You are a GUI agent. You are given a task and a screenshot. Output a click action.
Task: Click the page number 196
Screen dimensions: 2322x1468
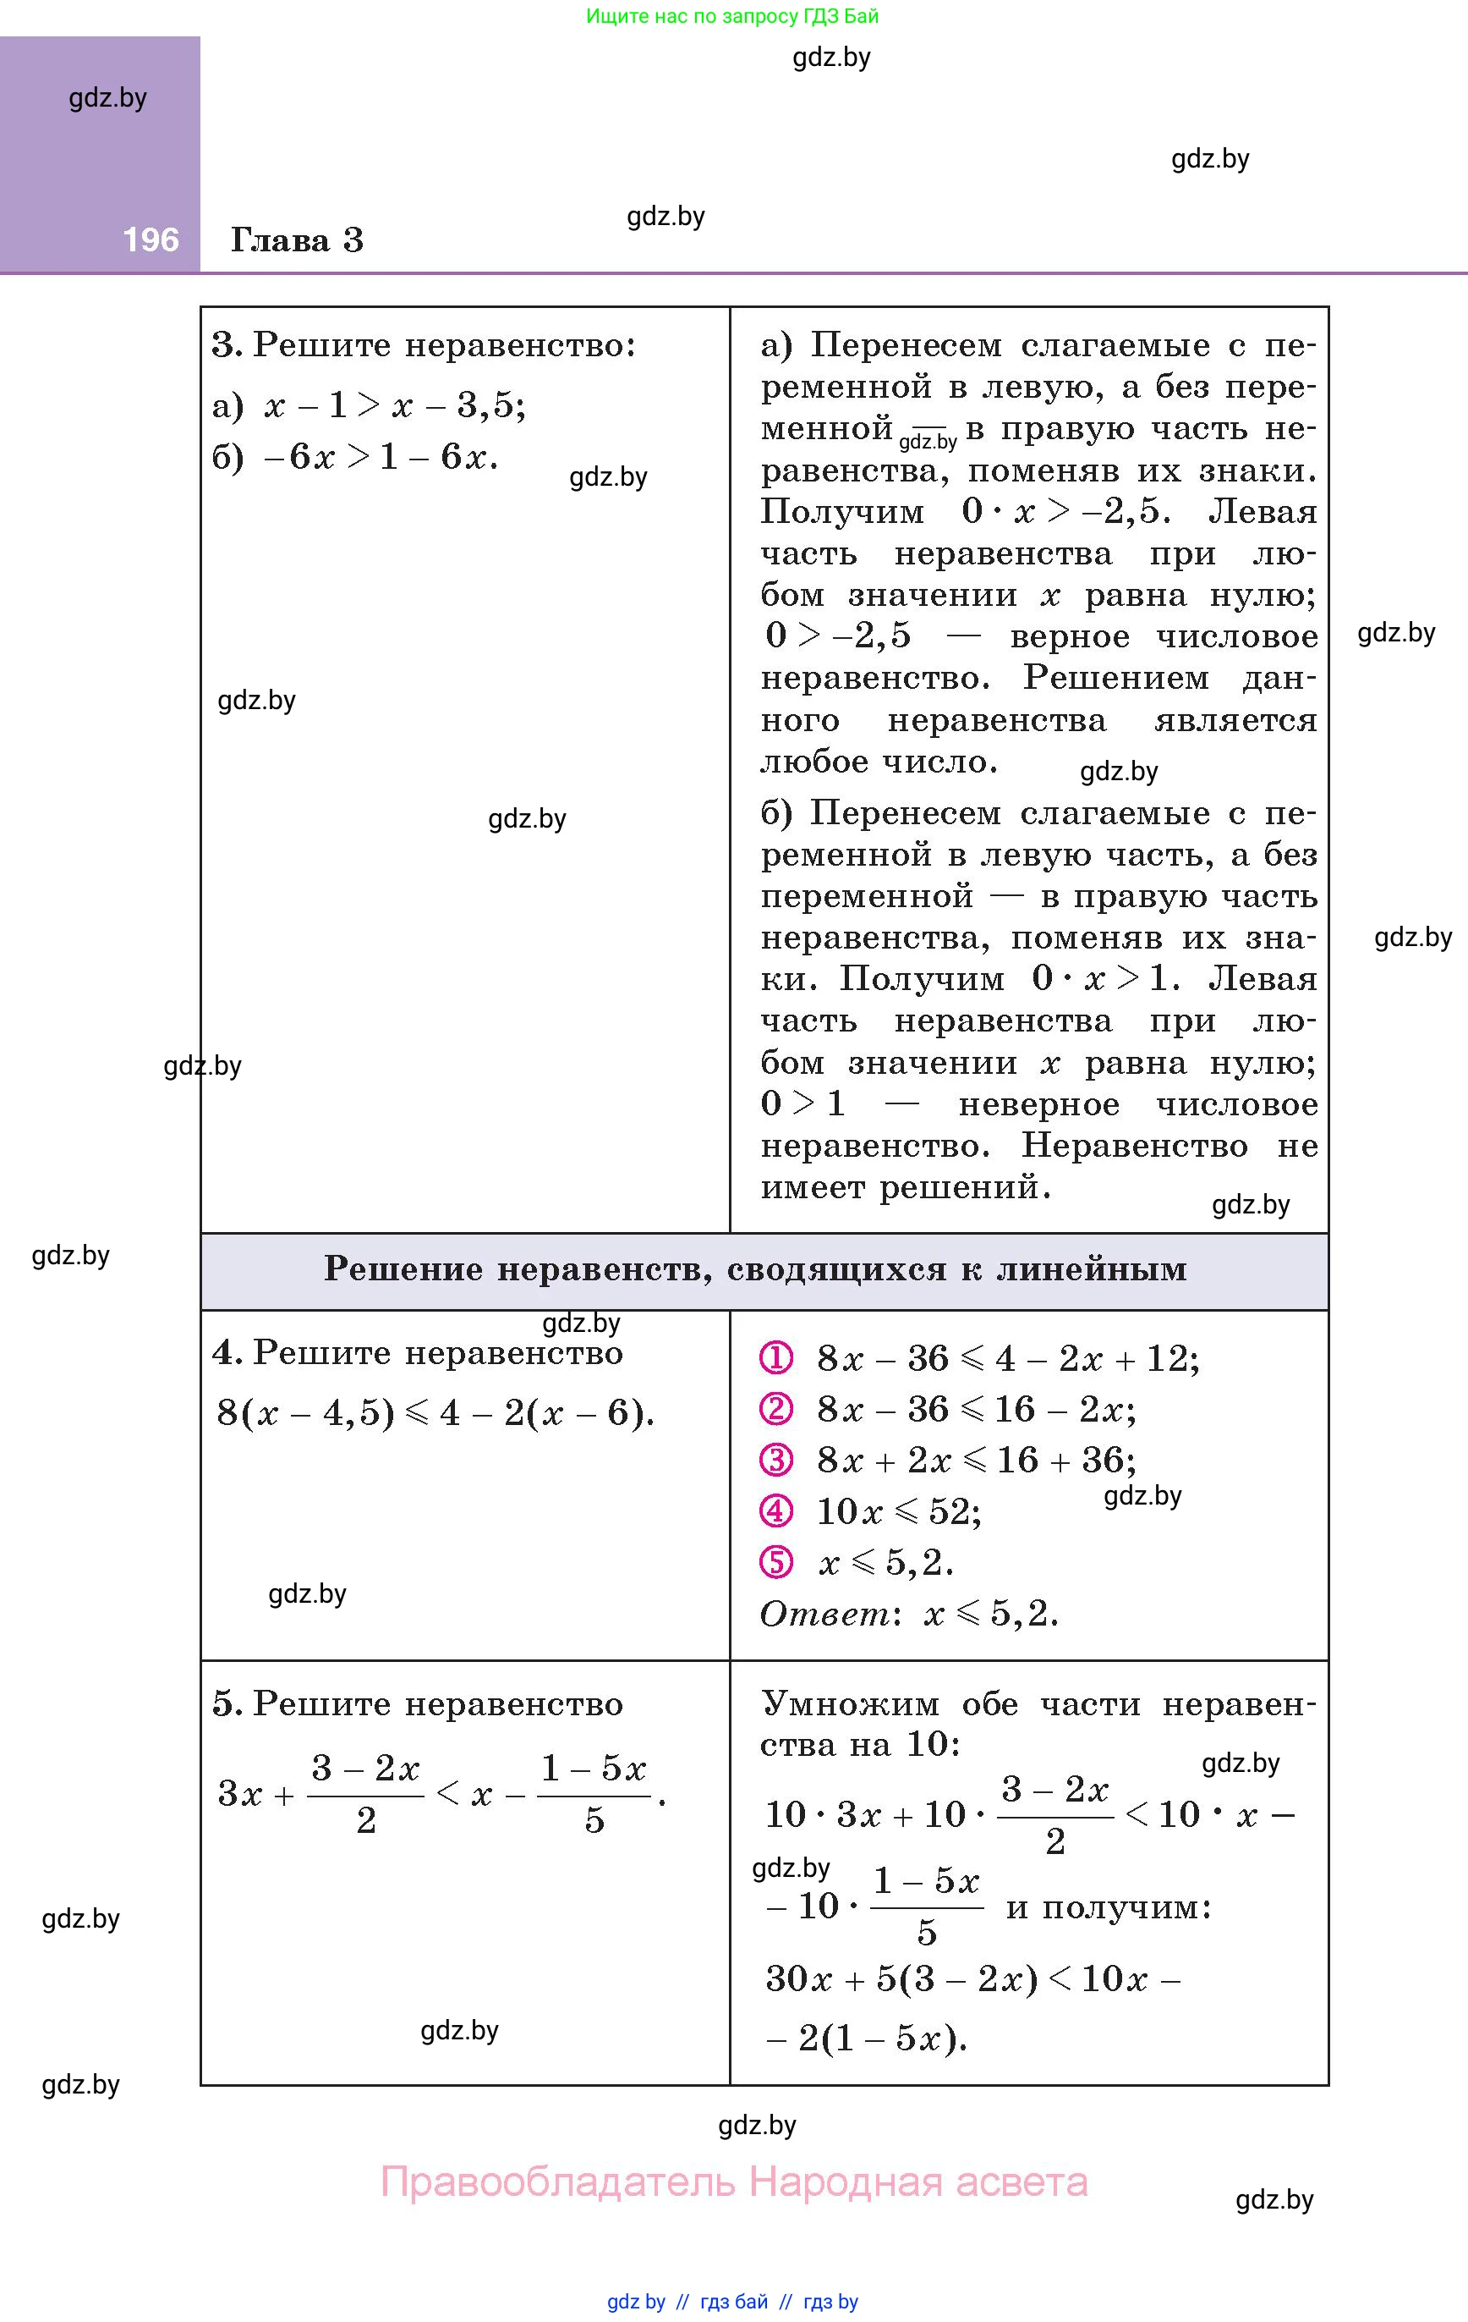151,239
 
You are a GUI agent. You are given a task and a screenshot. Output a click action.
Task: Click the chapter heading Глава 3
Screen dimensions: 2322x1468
297,239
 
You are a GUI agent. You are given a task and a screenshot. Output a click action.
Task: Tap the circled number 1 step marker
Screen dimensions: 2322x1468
776,1359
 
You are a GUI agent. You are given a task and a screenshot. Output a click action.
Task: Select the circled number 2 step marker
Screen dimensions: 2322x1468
776,1409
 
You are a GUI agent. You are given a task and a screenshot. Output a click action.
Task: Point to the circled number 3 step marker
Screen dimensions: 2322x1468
776,1460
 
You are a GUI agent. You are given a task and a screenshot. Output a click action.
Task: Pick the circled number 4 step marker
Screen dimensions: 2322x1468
776,1511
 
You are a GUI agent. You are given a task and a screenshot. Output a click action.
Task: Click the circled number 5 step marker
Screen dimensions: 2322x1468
776,1562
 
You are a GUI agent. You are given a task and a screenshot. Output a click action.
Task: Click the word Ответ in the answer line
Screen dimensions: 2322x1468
825,1613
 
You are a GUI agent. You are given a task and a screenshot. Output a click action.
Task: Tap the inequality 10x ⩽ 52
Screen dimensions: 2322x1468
898,1511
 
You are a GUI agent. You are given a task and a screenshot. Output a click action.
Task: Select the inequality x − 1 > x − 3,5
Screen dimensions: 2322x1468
394,405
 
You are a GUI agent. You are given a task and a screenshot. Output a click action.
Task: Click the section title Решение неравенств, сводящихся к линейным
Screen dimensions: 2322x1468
755,1269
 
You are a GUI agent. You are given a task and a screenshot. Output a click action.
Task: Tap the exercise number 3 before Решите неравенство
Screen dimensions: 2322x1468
225,345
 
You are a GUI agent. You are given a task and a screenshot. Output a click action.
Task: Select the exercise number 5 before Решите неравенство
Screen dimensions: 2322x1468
225,1704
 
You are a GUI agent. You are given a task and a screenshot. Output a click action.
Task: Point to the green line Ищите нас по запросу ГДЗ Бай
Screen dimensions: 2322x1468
731,16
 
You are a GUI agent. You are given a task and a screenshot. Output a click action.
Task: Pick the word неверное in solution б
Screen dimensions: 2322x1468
1038,1104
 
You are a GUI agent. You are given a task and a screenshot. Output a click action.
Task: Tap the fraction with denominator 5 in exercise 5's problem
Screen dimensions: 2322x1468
594,1795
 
